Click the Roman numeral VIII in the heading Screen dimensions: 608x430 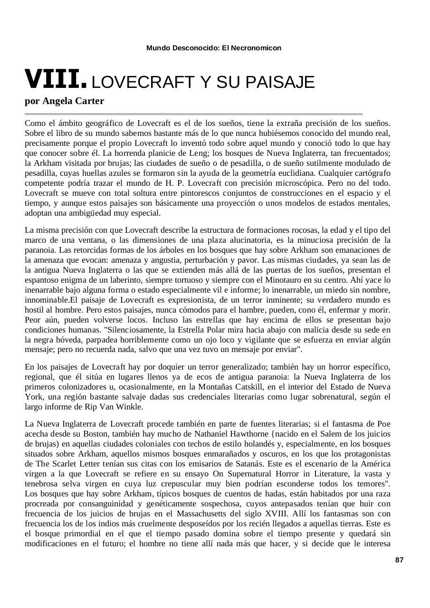55,80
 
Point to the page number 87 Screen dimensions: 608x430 399,560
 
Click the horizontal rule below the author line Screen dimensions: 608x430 193,114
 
